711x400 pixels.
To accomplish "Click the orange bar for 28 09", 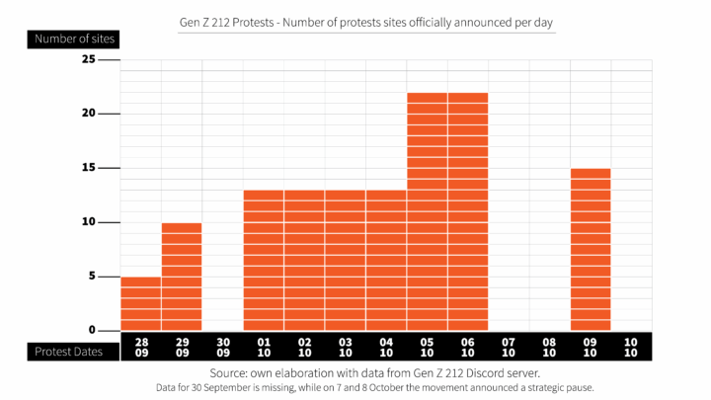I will point(141,303).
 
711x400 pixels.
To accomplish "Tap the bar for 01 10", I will point(264,260).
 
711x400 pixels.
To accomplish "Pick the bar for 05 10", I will point(427,211).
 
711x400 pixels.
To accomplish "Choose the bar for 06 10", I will point(467,211).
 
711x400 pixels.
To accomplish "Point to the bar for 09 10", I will point(591,249).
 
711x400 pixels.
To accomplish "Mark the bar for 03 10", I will point(346,260).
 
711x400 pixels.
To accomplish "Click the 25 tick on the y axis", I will point(89,59).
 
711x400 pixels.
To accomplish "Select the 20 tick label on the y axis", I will point(89,114).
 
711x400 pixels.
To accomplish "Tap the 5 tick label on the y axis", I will point(92,277).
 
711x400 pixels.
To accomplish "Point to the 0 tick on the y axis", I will point(92,330).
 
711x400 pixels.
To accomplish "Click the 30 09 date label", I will point(223,348).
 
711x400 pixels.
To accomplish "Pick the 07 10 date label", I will point(509,348).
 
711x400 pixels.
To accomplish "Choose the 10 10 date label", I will point(631,348).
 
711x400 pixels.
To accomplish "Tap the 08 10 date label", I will point(549,348).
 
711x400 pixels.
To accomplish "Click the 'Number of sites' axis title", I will point(74,40).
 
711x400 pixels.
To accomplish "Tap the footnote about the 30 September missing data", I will point(375,388).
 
